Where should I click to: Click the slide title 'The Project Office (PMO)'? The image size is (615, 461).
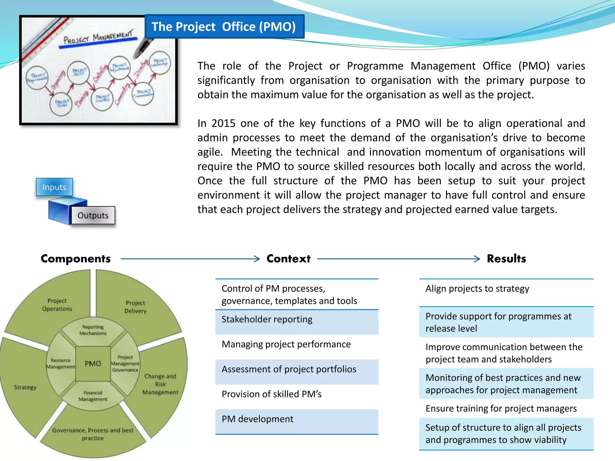pyautogui.click(x=224, y=27)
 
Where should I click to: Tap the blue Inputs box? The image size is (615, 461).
pyautogui.click(x=54, y=187)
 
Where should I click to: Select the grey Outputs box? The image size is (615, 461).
pyautogui.click(x=93, y=215)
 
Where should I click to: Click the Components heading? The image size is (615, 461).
pyautogui.click(x=76, y=259)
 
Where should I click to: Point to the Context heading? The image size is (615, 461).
pyautogui.click(x=288, y=259)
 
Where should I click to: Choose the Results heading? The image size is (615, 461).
pyautogui.click(x=506, y=259)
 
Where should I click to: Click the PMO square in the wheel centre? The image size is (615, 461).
pyautogui.click(x=93, y=363)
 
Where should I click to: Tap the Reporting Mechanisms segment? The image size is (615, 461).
pyautogui.click(x=93, y=330)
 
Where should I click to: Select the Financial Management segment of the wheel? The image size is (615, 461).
pyautogui.click(x=93, y=396)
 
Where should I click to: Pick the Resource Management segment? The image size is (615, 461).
pyautogui.click(x=60, y=363)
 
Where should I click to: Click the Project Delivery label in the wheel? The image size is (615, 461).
pyautogui.click(x=135, y=307)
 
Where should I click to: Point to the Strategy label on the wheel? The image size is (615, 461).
pyautogui.click(x=25, y=387)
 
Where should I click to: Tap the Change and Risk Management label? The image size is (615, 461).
pyautogui.click(x=160, y=384)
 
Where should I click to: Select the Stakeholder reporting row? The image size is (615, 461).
pyautogui.click(x=297, y=320)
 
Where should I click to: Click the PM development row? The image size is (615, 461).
pyautogui.click(x=297, y=419)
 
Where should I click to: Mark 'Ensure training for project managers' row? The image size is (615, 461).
pyautogui.click(x=506, y=408)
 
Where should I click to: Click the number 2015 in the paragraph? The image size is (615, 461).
pyautogui.click(x=223, y=123)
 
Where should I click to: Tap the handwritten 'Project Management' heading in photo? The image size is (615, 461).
pyautogui.click(x=98, y=38)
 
